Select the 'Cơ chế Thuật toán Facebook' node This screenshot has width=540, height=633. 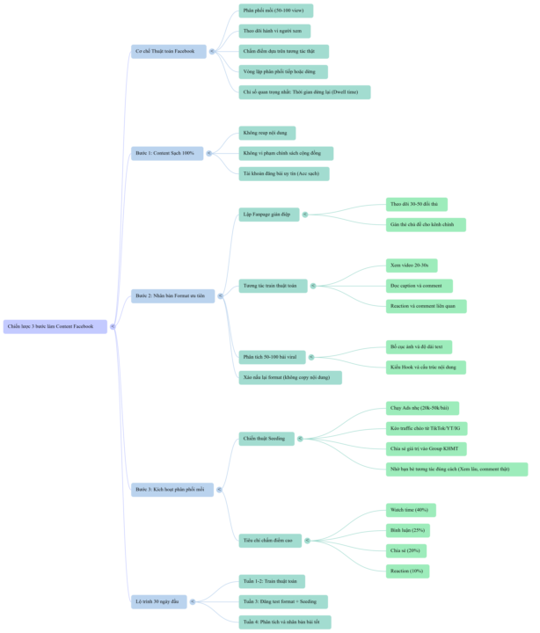pos(168,52)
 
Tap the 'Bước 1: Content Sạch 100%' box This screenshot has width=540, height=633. pos(167,153)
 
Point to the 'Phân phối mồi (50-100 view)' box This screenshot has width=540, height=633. pos(275,11)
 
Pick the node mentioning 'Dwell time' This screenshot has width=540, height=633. pos(304,92)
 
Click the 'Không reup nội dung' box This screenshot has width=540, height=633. pos(267,133)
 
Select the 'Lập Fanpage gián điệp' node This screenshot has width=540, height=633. pos(269,214)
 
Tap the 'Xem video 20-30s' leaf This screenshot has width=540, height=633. pos(411,265)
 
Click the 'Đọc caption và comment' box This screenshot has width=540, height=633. pos(419,286)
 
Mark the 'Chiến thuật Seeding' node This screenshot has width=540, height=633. pos(266,438)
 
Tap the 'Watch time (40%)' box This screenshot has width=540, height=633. pos(410,510)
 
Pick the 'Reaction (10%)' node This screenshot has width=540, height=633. pos(407,571)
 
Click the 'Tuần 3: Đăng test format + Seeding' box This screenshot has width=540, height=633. pos(284,601)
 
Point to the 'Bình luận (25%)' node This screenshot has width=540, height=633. pos(407,530)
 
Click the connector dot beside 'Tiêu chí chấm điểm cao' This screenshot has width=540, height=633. pos(307,541)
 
